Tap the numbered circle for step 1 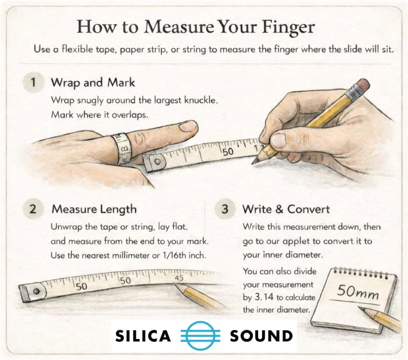pos(33,83)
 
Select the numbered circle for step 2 pos(33,209)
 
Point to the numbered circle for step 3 pos(225,209)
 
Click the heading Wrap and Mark pos(93,83)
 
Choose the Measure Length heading pos(94,209)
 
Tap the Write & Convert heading pos(286,209)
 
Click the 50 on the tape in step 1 pos(228,152)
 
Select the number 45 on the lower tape pos(179,278)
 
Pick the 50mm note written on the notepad pos(357,293)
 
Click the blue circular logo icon pos(200,335)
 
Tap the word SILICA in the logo pos(143,336)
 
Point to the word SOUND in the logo pos(261,336)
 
